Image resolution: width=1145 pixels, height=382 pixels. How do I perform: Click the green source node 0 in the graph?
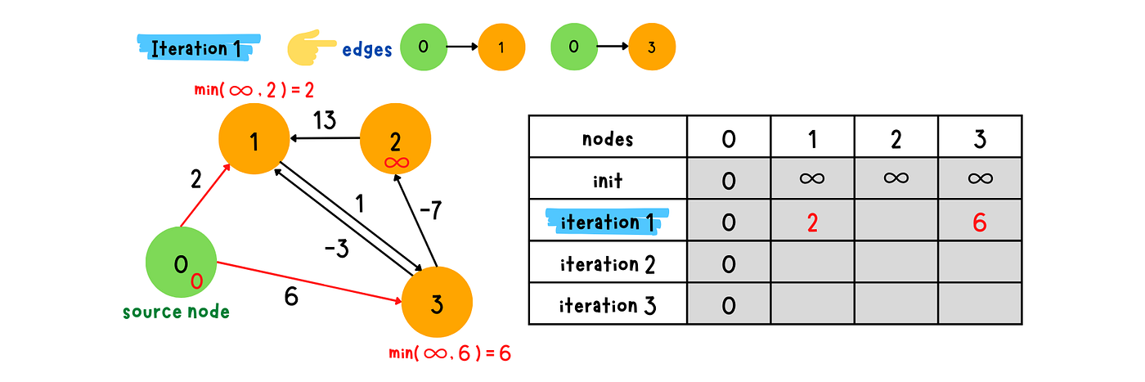(181, 263)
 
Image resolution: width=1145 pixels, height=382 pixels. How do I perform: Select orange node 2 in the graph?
(395, 139)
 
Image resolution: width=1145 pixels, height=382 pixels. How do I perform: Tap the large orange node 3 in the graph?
(437, 302)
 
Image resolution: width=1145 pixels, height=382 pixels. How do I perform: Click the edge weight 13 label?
(325, 121)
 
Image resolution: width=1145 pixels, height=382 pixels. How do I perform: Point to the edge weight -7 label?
(430, 210)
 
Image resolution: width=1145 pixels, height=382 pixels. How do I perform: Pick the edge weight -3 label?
(337, 249)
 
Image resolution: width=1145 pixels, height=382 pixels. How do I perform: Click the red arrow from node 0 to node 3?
(309, 282)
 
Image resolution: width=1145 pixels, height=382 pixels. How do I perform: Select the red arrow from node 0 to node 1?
(205, 195)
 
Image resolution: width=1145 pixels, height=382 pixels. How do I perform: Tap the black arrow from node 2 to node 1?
(326, 138)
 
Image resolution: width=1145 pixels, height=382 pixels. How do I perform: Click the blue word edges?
(367, 50)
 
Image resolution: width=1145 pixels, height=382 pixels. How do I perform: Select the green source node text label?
(176, 312)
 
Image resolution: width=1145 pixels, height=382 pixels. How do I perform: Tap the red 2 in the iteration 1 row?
(812, 223)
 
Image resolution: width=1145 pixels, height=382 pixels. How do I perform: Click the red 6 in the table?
(980, 223)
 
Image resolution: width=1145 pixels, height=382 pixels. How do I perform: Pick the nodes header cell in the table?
(608, 137)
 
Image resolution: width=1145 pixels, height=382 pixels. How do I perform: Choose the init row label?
(608, 181)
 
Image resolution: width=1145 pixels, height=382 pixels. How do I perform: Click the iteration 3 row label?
(608, 306)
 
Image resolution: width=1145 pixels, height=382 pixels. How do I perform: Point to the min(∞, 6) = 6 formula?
(450, 353)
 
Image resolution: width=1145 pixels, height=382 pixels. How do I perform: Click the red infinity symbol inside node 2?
(397, 163)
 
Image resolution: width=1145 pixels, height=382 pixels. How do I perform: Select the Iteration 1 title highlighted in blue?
(198, 48)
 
